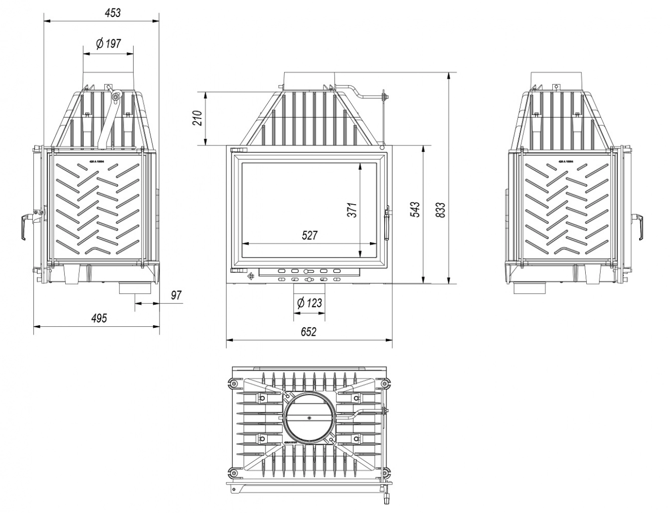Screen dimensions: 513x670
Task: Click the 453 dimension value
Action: (113, 12)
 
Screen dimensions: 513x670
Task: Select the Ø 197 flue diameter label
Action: (108, 44)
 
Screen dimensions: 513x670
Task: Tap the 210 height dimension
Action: (198, 119)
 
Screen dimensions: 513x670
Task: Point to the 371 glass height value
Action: (352, 210)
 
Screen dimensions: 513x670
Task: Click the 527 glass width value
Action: (310, 235)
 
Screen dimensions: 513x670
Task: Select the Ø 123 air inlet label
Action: (309, 302)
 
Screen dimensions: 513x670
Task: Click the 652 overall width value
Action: (309, 332)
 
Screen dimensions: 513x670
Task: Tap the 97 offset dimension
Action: (176, 295)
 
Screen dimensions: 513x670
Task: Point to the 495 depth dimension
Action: (99, 318)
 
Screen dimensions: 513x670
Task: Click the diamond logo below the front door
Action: (250, 274)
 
